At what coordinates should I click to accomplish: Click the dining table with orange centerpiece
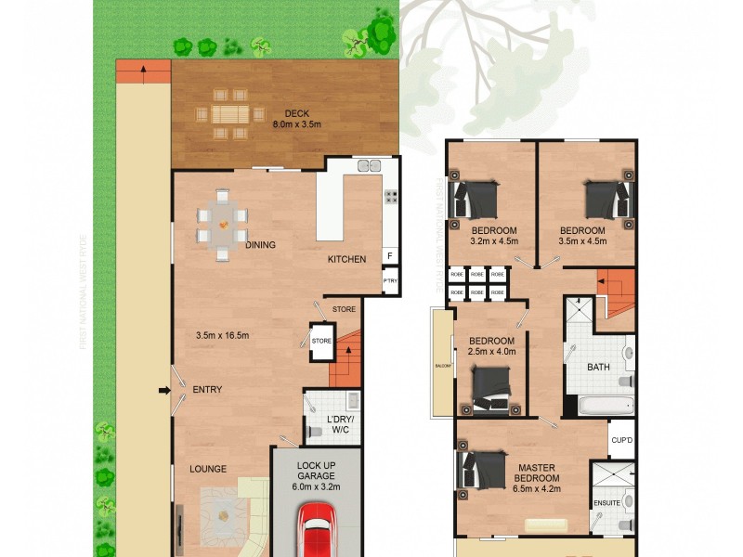(223, 224)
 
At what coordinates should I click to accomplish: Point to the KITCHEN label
(346, 259)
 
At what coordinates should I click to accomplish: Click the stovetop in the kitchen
(392, 196)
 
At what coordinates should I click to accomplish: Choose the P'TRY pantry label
(390, 280)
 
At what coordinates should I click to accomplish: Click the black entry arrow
(165, 390)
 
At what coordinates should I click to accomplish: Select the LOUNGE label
(208, 469)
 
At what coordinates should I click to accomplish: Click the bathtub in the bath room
(604, 406)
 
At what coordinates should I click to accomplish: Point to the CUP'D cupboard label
(621, 439)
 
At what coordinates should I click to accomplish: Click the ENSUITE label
(606, 503)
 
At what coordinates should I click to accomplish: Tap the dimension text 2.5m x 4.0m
(491, 352)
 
